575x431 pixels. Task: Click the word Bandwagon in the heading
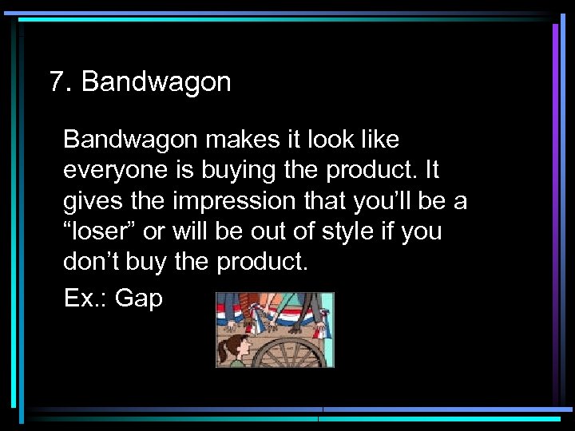[156, 82]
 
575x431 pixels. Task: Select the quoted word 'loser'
[99, 231]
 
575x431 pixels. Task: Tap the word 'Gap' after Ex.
[139, 299]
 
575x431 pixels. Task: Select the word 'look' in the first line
[327, 140]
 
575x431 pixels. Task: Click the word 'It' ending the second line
[430, 171]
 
